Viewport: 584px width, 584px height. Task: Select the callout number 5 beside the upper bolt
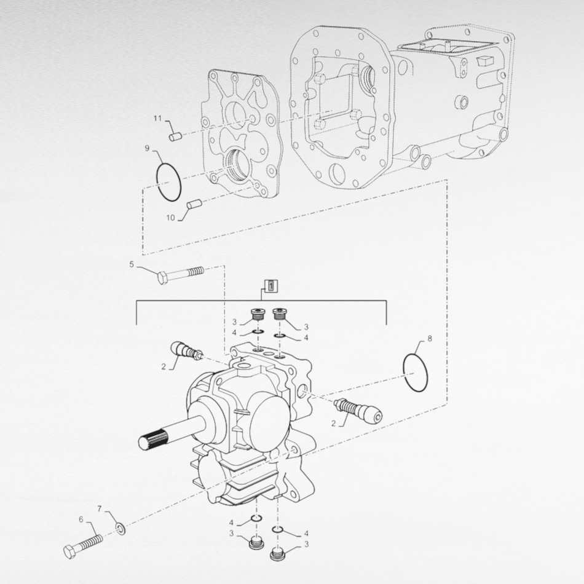click(131, 265)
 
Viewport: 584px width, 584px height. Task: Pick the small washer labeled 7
click(121, 527)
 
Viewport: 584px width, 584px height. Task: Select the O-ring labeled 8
click(416, 372)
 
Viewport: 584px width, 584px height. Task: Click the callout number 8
click(429, 338)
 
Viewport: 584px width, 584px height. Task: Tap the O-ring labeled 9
click(168, 182)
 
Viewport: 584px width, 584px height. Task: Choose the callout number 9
click(147, 148)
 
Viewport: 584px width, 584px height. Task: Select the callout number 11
click(157, 117)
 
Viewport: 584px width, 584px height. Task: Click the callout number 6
click(81, 519)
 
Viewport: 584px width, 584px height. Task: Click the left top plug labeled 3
click(256, 317)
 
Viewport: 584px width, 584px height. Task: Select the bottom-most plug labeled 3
click(277, 556)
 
